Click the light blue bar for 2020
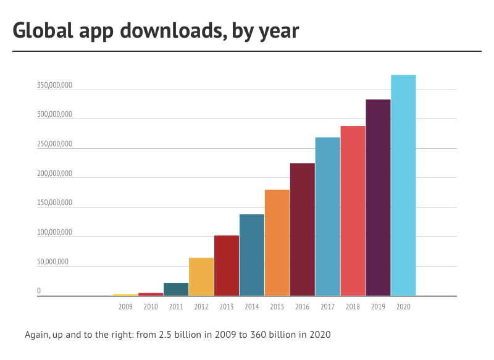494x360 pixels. coord(403,185)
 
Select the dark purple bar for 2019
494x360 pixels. coord(378,198)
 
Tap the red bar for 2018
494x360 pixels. coord(353,211)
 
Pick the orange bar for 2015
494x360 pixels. coord(277,243)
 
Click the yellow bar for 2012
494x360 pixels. coord(201,277)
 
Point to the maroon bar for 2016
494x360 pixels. coord(303,229)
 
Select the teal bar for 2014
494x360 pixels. coord(252,255)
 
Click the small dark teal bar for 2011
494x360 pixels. coord(176,290)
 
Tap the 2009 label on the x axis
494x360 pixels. coord(125,306)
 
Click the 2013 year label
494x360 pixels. coord(227,306)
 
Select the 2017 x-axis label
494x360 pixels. coord(327,306)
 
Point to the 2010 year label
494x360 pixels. coord(151,306)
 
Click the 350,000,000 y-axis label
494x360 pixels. coord(54,85)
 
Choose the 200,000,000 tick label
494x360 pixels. coord(54,174)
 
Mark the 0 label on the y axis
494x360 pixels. coord(38,291)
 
